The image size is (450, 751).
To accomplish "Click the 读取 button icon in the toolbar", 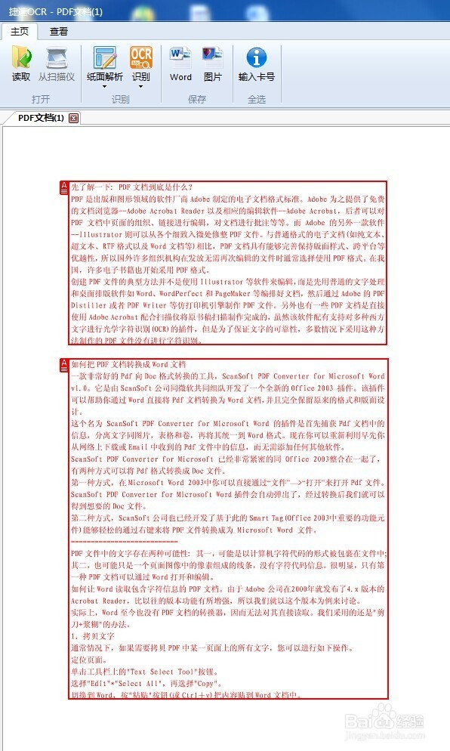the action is click(x=21, y=58).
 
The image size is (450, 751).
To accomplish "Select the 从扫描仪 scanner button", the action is click(x=57, y=58).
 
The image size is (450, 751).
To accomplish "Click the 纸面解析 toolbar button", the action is click(x=105, y=58).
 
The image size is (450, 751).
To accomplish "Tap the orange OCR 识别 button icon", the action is click(x=141, y=57).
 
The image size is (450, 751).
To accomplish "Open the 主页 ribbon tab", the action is click(x=20, y=31).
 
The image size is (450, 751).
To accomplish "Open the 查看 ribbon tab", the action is click(x=59, y=31).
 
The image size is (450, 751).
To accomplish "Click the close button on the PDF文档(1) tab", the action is click(x=73, y=118).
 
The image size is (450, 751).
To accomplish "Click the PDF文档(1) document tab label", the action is click(x=41, y=118).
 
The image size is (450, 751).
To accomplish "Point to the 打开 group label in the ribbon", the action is click(x=41, y=99).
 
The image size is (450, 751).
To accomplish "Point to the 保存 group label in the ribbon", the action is click(x=197, y=99).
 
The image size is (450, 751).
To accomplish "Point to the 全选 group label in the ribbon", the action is click(x=257, y=99).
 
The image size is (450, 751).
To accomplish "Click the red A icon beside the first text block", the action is click(x=63, y=187).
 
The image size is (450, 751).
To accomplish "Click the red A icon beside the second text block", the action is click(x=63, y=366).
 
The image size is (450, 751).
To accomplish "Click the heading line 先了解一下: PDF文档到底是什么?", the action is click(x=132, y=187).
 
